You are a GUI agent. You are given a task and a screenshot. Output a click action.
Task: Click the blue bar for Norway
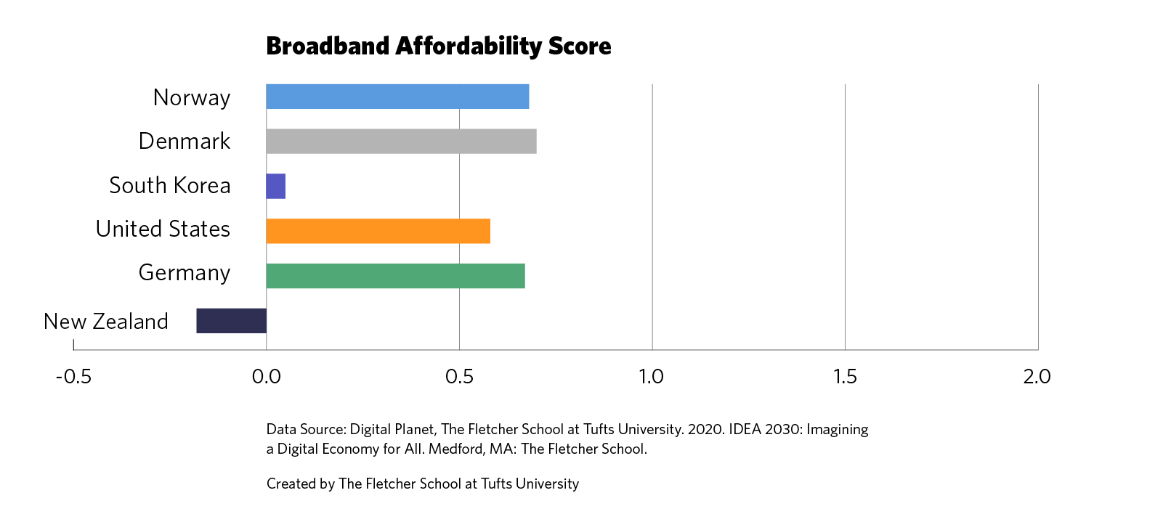[397, 97]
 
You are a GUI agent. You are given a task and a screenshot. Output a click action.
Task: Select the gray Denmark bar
[401, 142]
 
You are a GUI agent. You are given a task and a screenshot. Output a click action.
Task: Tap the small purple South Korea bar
[276, 187]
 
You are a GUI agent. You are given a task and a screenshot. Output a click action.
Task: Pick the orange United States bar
[378, 231]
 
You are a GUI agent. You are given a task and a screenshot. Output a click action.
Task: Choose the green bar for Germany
[395, 276]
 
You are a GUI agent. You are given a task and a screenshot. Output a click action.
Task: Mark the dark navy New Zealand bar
[231, 321]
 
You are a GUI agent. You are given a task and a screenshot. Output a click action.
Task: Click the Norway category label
[192, 97]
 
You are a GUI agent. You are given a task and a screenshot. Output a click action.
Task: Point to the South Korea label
[169, 186]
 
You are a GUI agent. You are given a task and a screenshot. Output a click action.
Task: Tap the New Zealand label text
[106, 322]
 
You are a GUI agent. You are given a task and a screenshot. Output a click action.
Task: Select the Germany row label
[185, 273]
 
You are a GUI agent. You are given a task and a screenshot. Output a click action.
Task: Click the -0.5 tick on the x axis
[73, 377]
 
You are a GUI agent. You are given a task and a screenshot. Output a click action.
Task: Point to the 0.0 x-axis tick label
[266, 377]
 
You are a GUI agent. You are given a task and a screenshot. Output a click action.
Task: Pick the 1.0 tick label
[652, 377]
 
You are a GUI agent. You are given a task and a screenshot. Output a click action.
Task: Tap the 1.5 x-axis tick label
[845, 377]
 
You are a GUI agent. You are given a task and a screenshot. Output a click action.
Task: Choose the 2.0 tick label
[1037, 377]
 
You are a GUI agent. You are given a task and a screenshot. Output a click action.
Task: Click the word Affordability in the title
[469, 46]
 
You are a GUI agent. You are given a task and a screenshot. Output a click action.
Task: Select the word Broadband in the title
[328, 46]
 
